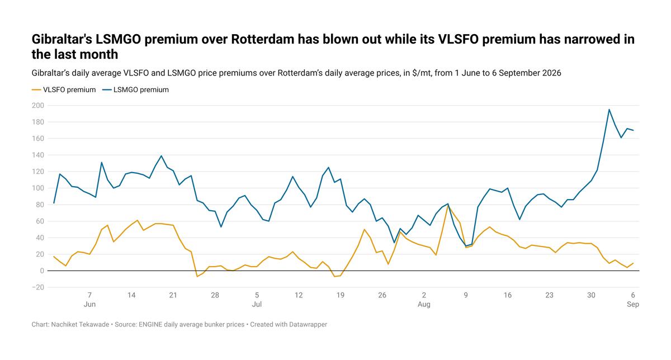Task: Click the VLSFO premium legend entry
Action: pos(64,90)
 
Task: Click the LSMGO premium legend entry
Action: pos(135,90)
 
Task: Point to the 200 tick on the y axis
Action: pos(38,106)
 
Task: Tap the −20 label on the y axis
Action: pos(38,287)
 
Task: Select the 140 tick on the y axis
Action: pos(38,155)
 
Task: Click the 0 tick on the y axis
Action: pos(41,271)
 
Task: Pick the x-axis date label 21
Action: pos(173,295)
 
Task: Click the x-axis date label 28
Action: pos(215,295)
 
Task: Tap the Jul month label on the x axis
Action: pos(257,304)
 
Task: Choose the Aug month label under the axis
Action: pos(424,304)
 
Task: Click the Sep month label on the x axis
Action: pos(633,304)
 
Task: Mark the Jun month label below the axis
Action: pos(89,304)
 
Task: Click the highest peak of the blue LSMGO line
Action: pos(609,110)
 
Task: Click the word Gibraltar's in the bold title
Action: pos(62,39)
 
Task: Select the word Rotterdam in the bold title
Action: pos(263,39)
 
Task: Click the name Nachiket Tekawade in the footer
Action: pos(80,324)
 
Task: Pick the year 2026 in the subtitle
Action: pos(551,73)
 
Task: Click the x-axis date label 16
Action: pos(508,295)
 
